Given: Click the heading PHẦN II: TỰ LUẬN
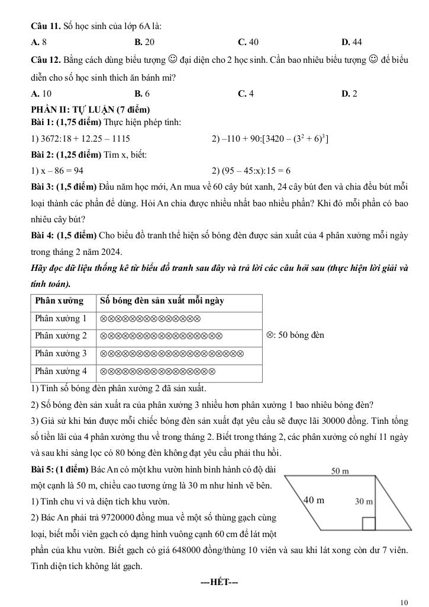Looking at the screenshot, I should (91, 110).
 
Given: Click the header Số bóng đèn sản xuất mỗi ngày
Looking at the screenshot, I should (162, 301).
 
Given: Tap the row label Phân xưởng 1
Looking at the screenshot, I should (61, 318).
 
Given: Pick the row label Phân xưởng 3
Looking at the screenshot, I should (61, 353).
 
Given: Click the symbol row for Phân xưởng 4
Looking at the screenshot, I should (157, 372).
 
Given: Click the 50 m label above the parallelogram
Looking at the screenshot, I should (340, 471).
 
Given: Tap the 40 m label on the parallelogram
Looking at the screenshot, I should (314, 500).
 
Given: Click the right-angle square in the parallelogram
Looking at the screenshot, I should (369, 523).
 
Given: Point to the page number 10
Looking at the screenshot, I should (404, 602).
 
